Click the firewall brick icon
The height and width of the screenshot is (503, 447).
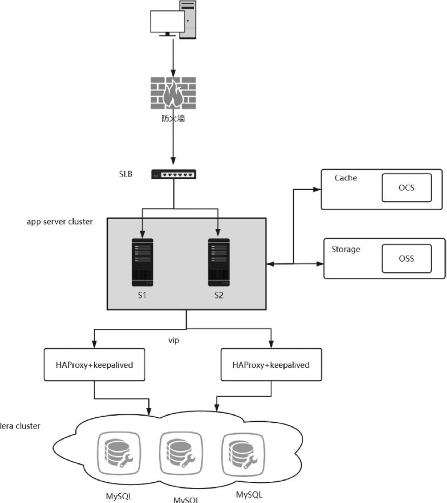173,94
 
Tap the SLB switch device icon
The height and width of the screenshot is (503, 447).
174,174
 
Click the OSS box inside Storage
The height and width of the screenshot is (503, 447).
406,258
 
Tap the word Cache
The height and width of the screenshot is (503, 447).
346,178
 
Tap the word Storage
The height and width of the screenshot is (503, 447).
346,249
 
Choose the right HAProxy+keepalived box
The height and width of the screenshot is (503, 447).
270,365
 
